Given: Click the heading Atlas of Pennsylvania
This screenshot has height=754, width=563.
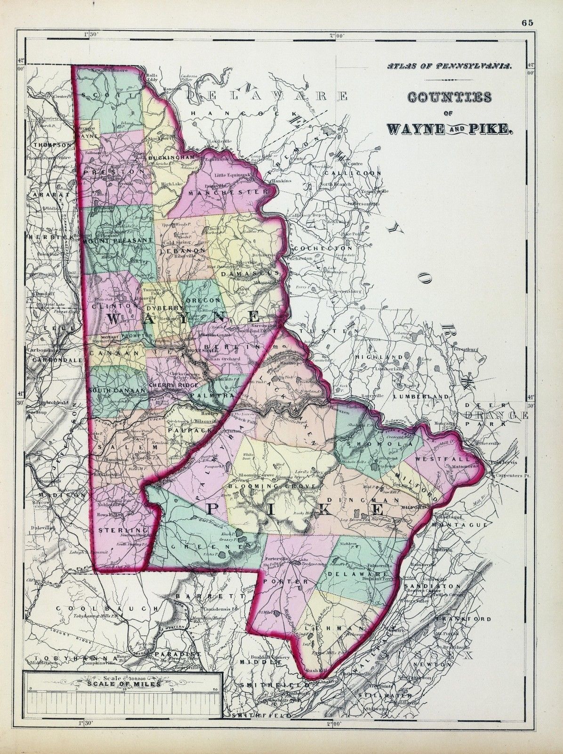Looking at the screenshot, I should (449, 67).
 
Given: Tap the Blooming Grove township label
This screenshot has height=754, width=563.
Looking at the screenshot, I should (260, 485).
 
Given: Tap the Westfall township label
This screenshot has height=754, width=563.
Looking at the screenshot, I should (450, 458).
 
